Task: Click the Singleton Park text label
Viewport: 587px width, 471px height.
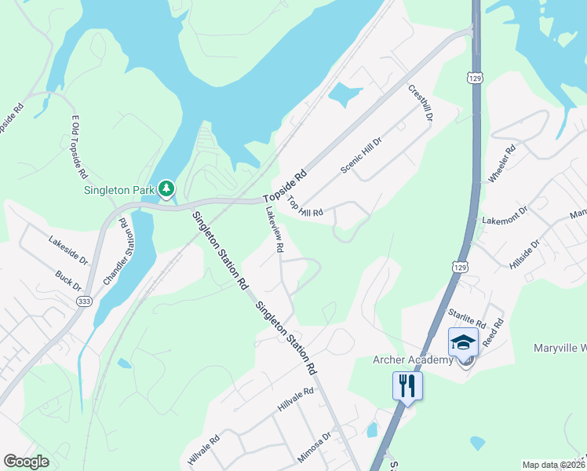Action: pos(120,190)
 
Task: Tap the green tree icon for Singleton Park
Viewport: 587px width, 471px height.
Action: pos(166,188)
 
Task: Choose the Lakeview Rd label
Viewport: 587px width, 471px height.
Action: pos(274,228)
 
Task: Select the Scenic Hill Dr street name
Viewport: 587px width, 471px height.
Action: pos(361,155)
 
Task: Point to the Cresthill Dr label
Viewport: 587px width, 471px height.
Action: pos(421,102)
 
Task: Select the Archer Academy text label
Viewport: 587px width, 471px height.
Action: pos(412,360)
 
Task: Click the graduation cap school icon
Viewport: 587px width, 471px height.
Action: pos(463,342)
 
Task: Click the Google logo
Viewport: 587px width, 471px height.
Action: pos(27,462)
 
